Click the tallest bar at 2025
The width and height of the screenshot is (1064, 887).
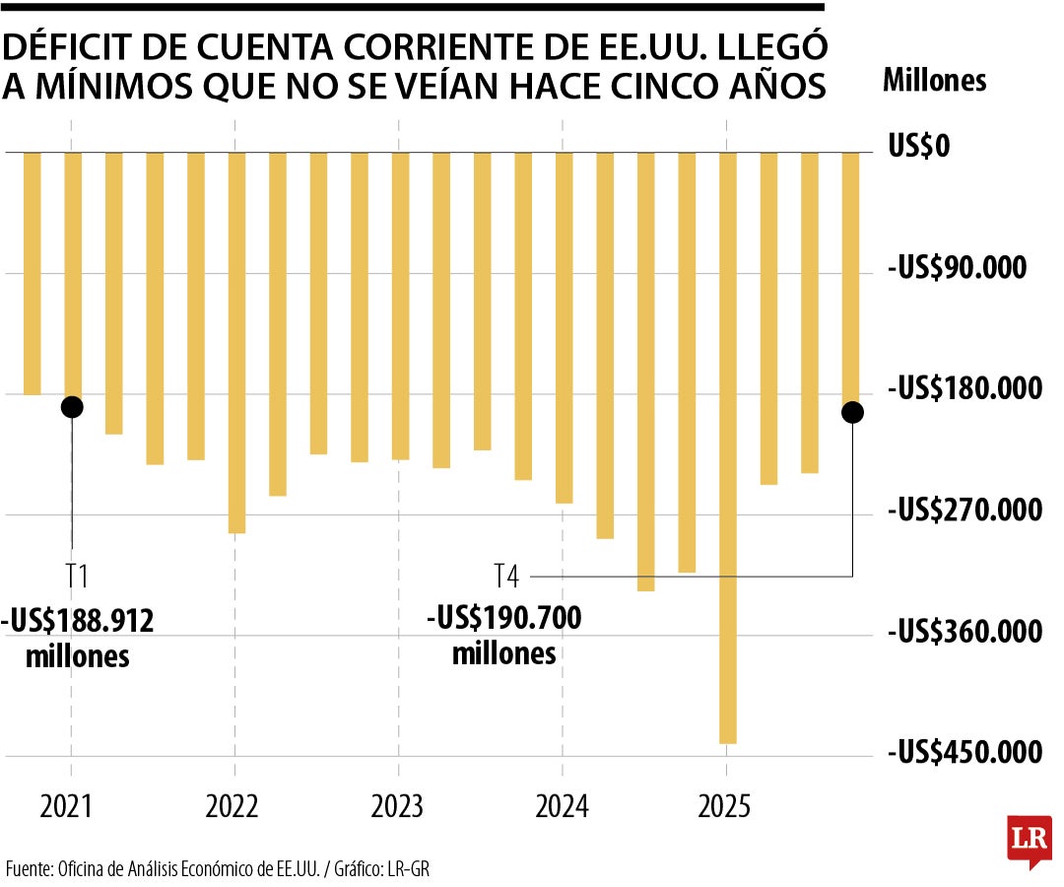728,448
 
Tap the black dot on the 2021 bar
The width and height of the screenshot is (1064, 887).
72,406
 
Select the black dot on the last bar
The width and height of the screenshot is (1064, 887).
852,413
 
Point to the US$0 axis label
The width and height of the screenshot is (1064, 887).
917,148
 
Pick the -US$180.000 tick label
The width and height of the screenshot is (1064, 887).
964,389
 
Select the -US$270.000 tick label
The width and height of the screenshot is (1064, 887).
964,511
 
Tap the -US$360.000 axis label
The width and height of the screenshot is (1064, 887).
964,632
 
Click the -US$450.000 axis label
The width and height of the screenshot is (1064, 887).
964,753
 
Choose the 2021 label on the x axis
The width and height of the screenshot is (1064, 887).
66,807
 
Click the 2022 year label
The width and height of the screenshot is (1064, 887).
233,807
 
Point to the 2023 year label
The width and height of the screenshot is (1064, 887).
397,807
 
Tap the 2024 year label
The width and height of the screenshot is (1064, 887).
562,807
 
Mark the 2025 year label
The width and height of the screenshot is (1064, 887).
726,807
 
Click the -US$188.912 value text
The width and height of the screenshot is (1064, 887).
78,621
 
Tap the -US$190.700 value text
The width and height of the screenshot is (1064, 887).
504,619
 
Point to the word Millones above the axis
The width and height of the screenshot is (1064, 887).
934,81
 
